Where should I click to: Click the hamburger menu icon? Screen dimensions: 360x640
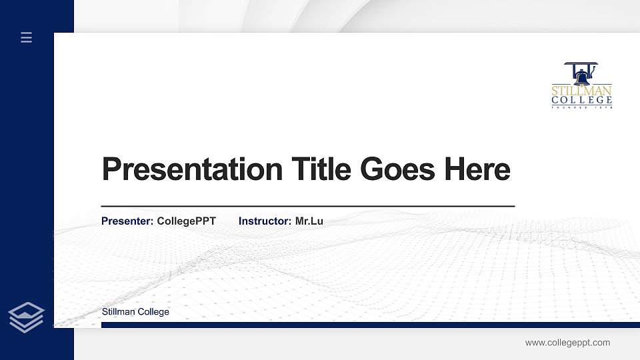click(x=27, y=38)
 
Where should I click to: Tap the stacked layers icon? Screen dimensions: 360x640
click(x=27, y=317)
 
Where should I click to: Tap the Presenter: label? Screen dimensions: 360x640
click(x=127, y=221)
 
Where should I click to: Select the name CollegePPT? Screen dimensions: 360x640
click(x=187, y=221)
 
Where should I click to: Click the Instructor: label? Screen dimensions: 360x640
click(x=265, y=221)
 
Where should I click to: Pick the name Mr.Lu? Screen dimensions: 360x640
click(x=309, y=221)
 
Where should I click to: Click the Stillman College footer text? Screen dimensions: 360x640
click(x=135, y=312)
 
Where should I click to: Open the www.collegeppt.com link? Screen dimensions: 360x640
click(x=567, y=343)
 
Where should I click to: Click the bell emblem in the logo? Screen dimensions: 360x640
click(x=581, y=73)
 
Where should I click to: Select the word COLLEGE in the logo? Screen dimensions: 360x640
click(x=581, y=100)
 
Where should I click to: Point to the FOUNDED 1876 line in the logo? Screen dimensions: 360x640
click(x=581, y=107)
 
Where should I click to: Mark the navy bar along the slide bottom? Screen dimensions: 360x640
click(x=367, y=325)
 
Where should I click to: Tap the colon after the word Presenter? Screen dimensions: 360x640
click(x=153, y=221)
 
